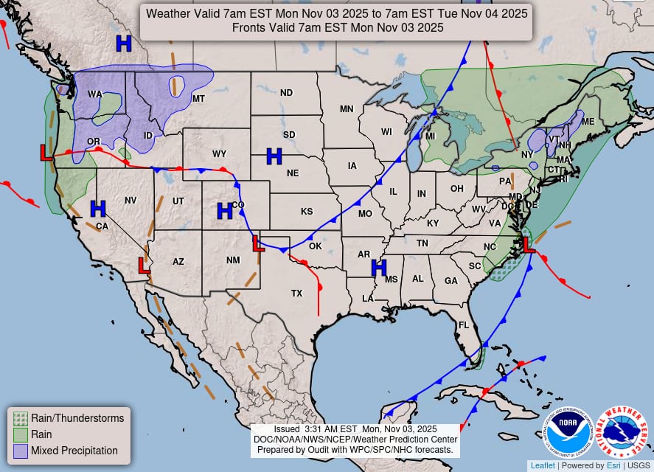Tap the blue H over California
click(98, 209)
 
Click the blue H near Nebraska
click(274, 156)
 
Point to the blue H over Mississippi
click(379, 268)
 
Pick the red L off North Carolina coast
click(529, 243)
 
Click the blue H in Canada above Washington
click(124, 44)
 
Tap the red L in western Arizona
click(145, 265)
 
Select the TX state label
click(296, 294)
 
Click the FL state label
click(465, 325)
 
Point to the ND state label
click(286, 93)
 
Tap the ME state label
click(588, 122)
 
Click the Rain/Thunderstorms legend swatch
click(21, 418)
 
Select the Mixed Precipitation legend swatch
click(21, 450)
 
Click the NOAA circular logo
click(568, 433)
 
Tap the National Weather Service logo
click(621, 433)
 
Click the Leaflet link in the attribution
click(542, 465)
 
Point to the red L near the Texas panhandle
click(258, 243)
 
